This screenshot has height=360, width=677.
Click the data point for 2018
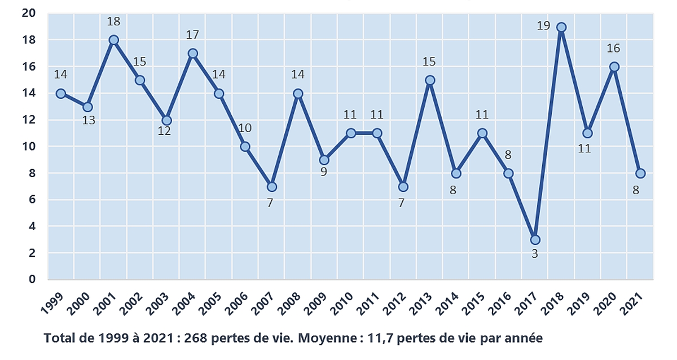561,27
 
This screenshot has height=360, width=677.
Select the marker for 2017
535,240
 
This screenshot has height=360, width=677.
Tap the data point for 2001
113,40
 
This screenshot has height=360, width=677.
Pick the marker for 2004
192,54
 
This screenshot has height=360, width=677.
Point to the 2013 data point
430,80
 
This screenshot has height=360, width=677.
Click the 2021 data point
640,173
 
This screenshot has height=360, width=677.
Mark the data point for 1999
61,94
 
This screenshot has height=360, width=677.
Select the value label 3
535,254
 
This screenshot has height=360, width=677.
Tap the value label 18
113,21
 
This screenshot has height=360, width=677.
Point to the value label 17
192,35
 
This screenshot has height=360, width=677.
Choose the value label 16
614,48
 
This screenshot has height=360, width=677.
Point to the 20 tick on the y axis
29,14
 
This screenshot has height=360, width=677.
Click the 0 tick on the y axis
32,279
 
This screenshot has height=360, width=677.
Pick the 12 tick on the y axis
29,120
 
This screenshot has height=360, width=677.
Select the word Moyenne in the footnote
320,339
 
